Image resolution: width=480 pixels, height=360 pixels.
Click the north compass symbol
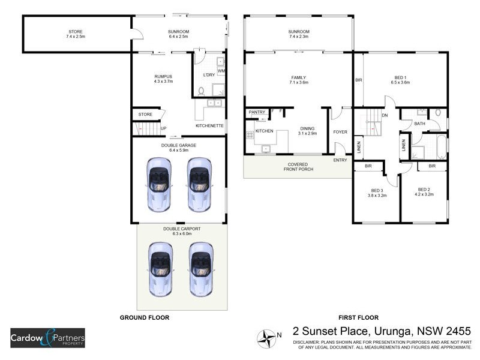coord(266,339)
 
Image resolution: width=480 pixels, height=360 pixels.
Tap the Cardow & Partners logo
coord(47,338)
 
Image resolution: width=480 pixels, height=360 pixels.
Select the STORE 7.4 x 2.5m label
coord(76,34)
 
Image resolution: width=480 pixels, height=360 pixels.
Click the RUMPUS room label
coord(163,79)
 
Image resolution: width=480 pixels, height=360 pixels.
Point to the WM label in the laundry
coord(221,71)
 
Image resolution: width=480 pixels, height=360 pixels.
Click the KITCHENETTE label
coord(209,126)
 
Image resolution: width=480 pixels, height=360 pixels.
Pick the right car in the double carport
coord(201,268)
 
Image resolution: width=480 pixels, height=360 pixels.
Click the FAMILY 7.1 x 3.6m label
coord(298,79)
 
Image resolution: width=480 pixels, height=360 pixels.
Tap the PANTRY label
coord(257,112)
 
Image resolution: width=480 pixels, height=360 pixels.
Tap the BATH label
coord(419,124)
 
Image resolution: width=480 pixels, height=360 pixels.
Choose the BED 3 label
coord(377,193)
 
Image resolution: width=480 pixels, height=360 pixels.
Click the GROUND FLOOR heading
coord(145,317)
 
